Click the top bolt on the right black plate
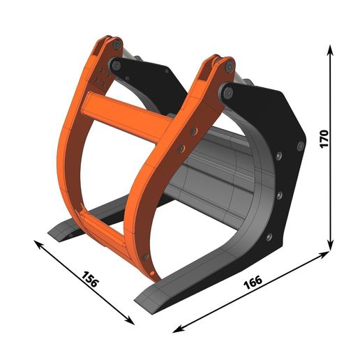(299, 146)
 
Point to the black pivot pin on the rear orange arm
(116, 66)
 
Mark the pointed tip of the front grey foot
(137, 301)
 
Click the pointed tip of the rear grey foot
(51, 233)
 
